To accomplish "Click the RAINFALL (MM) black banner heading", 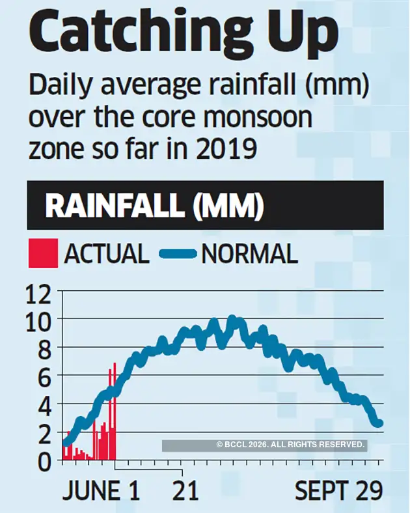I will (x=154, y=206).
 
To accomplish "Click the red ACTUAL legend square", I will (x=42, y=253).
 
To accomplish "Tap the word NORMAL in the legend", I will (x=250, y=253).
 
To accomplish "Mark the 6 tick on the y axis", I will (x=44, y=378).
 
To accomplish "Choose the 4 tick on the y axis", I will (x=44, y=405).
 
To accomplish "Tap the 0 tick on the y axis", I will (x=44, y=460).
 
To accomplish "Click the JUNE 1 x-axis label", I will (x=101, y=492).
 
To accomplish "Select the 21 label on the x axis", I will (x=185, y=492).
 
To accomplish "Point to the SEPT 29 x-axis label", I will (x=338, y=492).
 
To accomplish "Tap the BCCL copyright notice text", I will (x=290, y=445).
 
